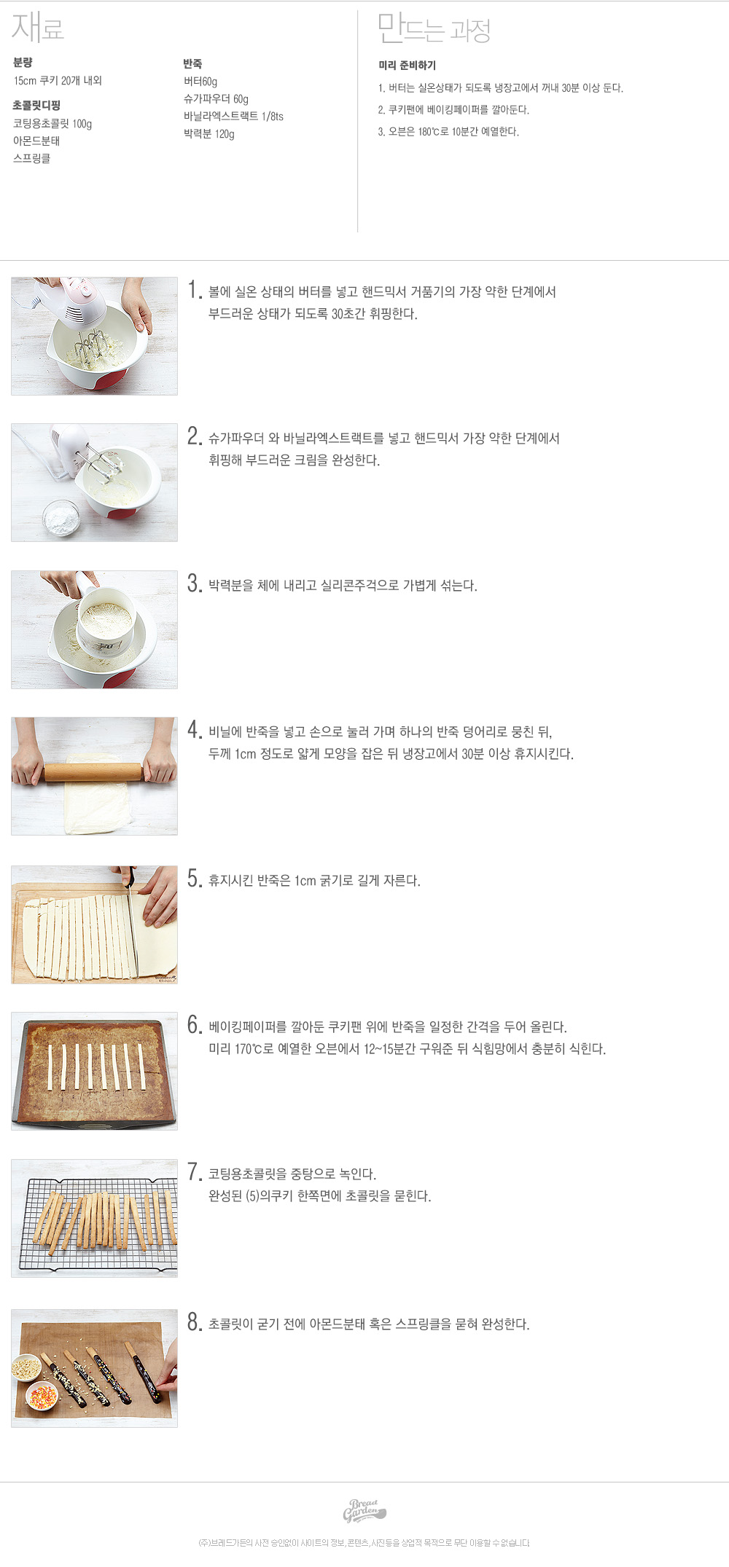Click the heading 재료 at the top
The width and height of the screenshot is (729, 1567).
[x=38, y=27]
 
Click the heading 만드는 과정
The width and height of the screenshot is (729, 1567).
[x=434, y=28]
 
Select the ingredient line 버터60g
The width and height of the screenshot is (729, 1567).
[x=200, y=82]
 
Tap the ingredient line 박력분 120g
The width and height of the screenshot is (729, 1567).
[x=209, y=134]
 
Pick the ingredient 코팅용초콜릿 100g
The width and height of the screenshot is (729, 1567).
[x=52, y=124]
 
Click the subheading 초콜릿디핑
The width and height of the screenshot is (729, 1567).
[x=36, y=106]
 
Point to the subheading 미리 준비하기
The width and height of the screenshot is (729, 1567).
[x=407, y=66]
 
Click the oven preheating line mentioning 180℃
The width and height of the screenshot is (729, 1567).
[x=448, y=132]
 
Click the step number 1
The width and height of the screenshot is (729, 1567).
[x=194, y=290]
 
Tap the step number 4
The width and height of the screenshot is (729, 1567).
[x=194, y=730]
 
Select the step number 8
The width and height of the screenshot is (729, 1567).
[x=194, y=1322]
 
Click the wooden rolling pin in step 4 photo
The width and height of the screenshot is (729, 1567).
[x=93, y=771]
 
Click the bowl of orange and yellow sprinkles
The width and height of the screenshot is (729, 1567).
[x=42, y=1394]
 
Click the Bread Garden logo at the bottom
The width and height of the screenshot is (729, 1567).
[x=364, y=1511]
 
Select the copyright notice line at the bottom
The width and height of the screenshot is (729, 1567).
[x=364, y=1543]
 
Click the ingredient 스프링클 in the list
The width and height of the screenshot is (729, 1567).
[x=32, y=159]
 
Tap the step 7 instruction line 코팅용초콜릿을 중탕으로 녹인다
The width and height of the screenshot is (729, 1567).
[x=292, y=1174]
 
